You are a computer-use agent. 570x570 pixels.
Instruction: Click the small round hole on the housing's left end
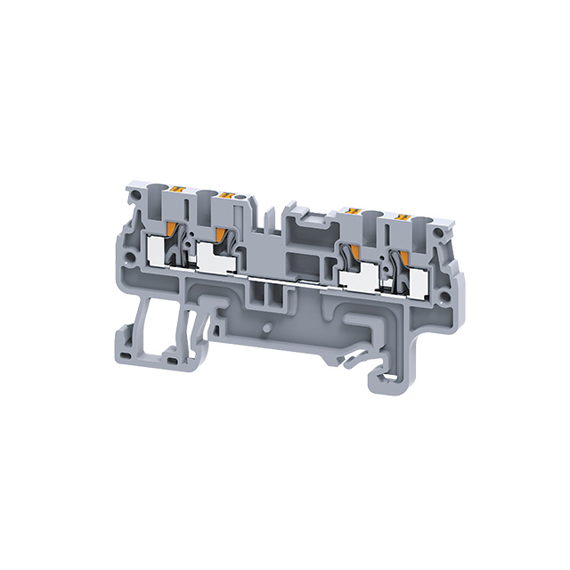131,264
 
